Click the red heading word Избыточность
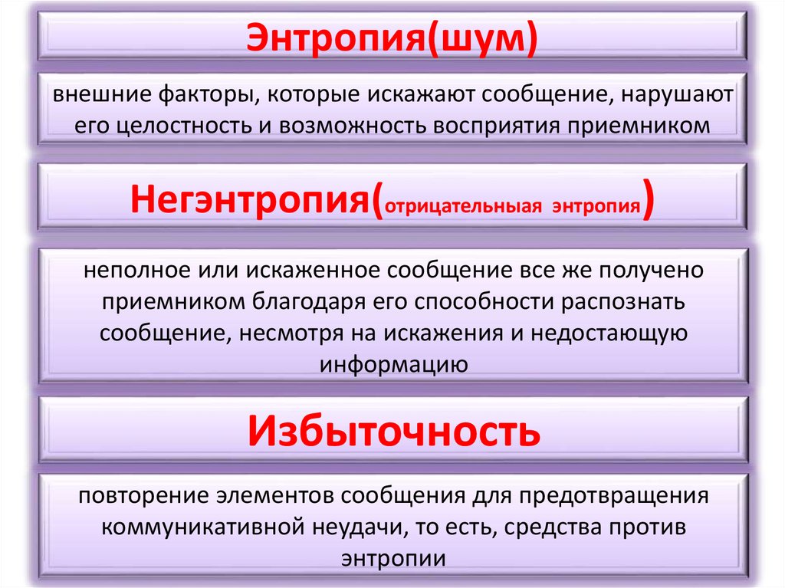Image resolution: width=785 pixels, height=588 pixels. [x=392, y=431]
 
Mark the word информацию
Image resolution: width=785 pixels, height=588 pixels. [x=392, y=363]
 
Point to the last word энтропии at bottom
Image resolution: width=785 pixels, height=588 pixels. [x=392, y=558]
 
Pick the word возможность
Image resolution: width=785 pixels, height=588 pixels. [x=344, y=124]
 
